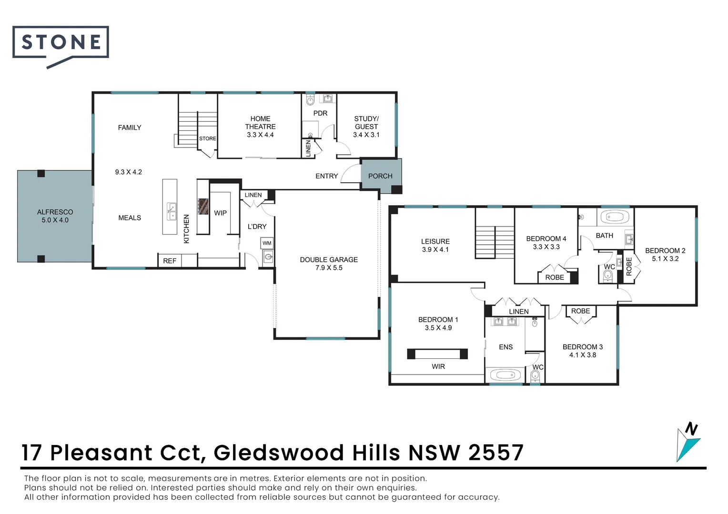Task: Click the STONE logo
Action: click(x=61, y=43)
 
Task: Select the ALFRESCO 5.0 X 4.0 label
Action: click(x=55, y=216)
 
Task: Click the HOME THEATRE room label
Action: click(x=260, y=127)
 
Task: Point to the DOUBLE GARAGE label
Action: click(x=329, y=264)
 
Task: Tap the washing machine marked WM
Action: click(x=267, y=243)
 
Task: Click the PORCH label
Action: click(x=380, y=176)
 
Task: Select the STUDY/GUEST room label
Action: click(x=366, y=127)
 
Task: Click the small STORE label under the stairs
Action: click(x=207, y=138)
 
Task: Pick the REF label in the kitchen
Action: click(x=170, y=261)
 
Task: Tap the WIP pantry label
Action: click(x=220, y=213)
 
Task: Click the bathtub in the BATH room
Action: click(x=615, y=217)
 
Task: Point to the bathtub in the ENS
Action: click(x=505, y=375)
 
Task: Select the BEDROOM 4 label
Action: click(x=546, y=242)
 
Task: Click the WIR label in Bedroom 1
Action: click(x=438, y=366)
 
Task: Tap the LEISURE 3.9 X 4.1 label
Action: click(x=435, y=245)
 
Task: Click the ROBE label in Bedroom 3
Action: click(x=580, y=311)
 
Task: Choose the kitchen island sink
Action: click(x=171, y=211)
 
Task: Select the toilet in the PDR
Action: click(x=310, y=100)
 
